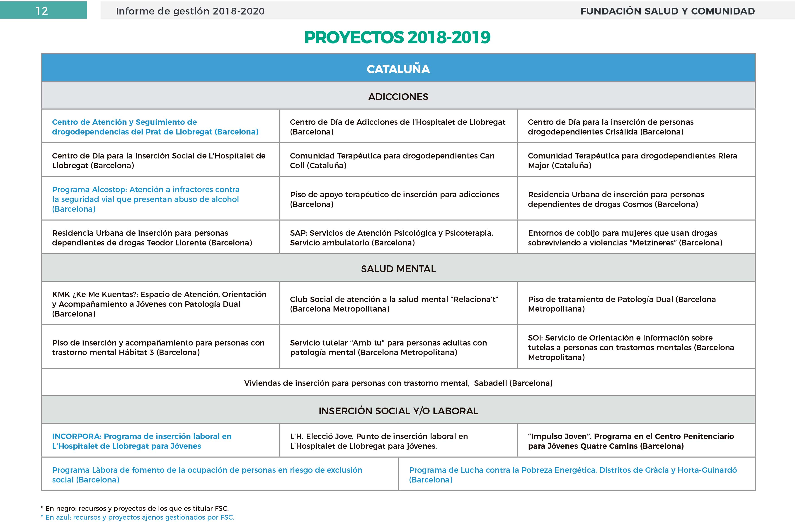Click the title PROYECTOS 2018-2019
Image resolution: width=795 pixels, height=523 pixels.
coord(397,37)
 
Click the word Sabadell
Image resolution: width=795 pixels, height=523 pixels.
coord(490,383)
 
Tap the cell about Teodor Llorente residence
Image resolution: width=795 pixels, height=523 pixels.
coord(160,238)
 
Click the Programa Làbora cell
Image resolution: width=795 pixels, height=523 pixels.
coord(220,475)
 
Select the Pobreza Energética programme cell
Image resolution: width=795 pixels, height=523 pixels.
coord(577,475)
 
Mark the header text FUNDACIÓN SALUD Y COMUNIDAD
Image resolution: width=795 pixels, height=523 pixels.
coord(667,11)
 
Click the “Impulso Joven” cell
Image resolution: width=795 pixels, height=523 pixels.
coord(636,441)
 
